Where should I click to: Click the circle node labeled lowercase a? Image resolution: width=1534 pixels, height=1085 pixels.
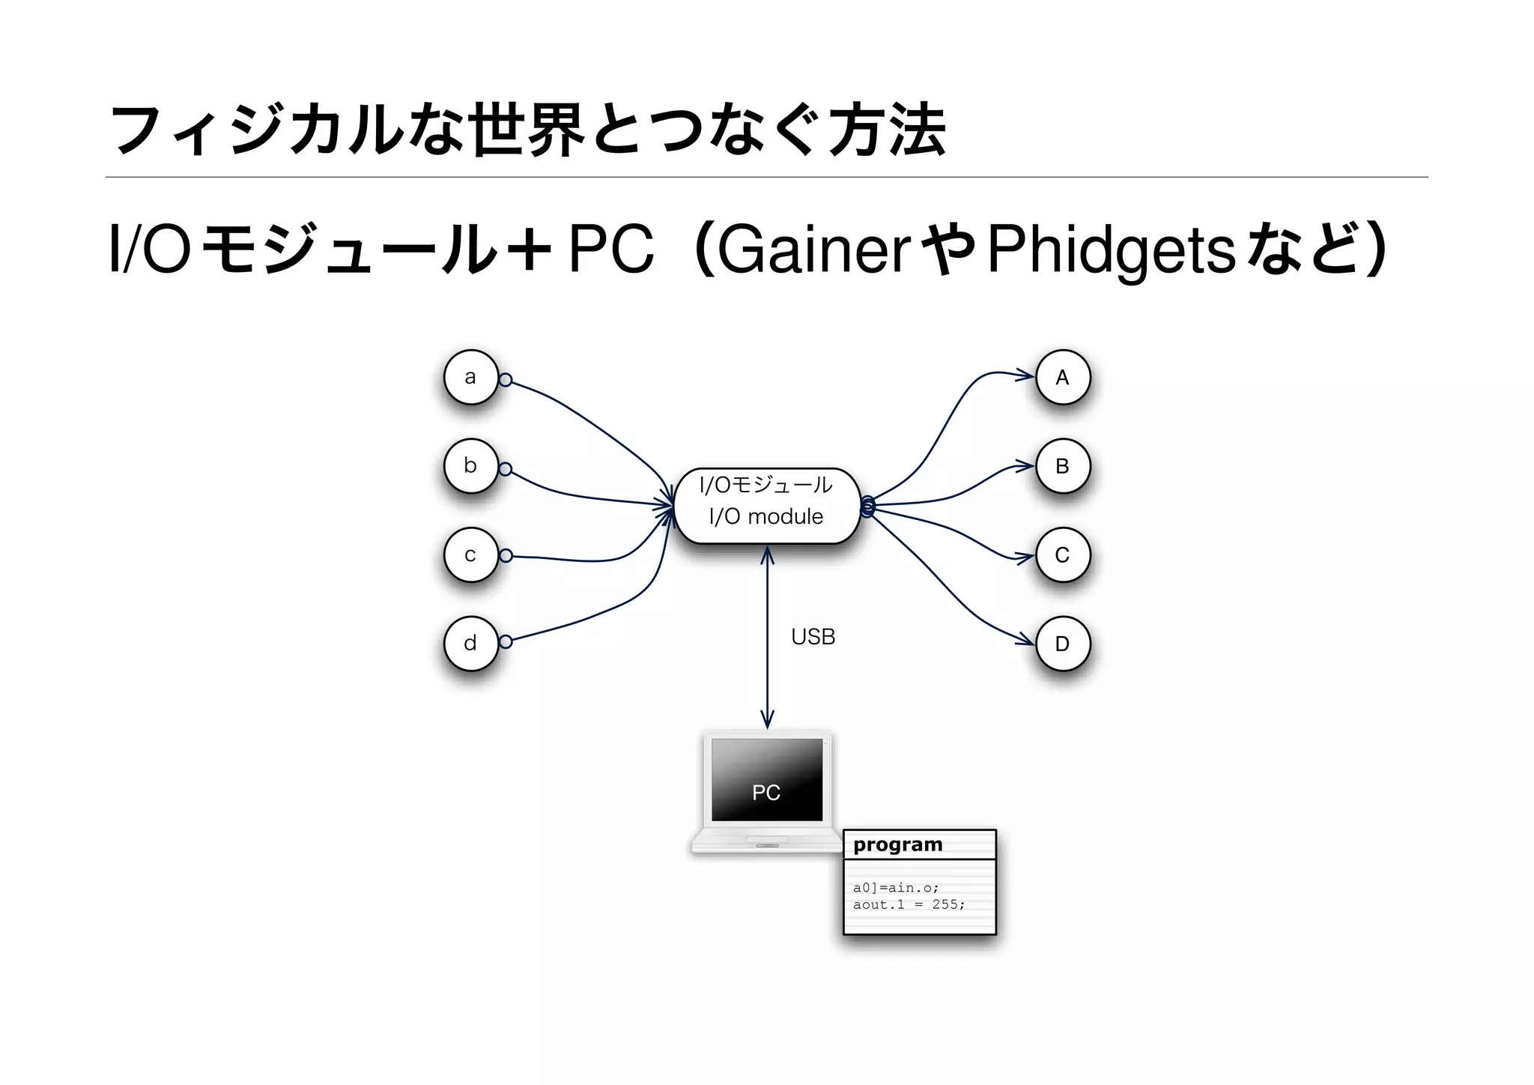click(470, 377)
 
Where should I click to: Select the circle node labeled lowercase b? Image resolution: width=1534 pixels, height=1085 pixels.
click(470, 465)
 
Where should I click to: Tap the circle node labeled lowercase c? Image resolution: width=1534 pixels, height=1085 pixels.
click(470, 554)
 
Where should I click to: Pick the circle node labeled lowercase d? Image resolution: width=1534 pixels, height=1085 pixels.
click(470, 643)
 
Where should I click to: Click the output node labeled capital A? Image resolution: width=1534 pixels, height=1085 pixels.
click(1062, 377)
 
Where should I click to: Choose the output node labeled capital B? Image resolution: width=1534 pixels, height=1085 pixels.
click(1062, 465)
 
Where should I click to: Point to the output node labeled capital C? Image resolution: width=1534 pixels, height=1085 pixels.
click(1062, 554)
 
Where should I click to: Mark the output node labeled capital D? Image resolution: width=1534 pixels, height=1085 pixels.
click(1062, 643)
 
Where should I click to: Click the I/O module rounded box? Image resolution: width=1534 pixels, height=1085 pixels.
click(766, 506)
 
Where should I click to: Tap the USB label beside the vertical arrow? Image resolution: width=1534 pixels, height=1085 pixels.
click(813, 637)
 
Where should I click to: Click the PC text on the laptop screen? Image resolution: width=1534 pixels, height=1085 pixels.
click(766, 793)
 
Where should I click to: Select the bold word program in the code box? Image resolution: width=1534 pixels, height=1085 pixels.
click(897, 844)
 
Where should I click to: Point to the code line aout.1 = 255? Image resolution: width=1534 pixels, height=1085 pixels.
click(909, 904)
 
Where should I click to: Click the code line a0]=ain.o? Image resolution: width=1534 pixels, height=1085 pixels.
click(896, 887)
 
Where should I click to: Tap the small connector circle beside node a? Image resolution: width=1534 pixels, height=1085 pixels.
click(506, 380)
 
